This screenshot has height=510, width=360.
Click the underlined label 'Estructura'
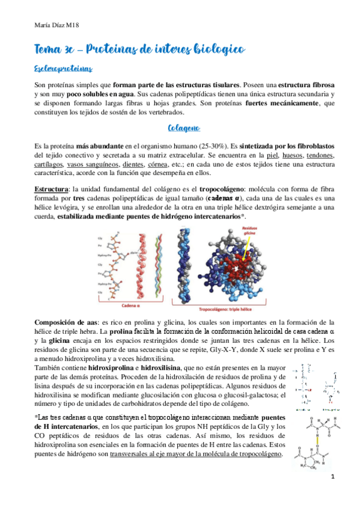tap(50, 189)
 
